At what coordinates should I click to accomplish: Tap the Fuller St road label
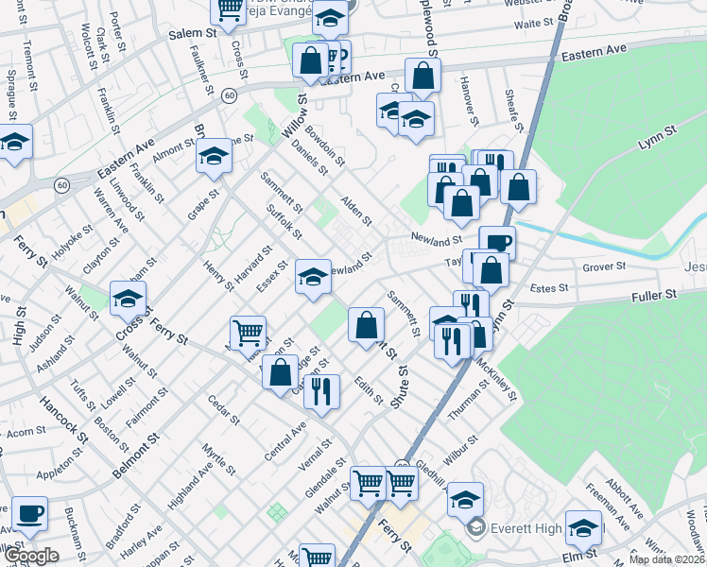click(655, 296)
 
